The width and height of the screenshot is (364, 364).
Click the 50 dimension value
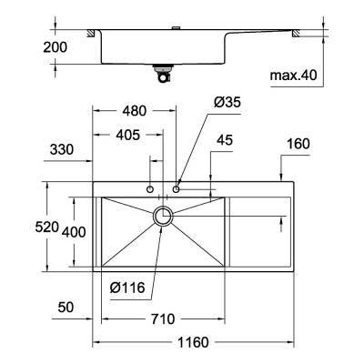[x=64, y=308]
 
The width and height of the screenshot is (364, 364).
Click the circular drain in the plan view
[x=164, y=216]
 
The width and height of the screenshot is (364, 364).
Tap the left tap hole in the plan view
[x=151, y=188]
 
